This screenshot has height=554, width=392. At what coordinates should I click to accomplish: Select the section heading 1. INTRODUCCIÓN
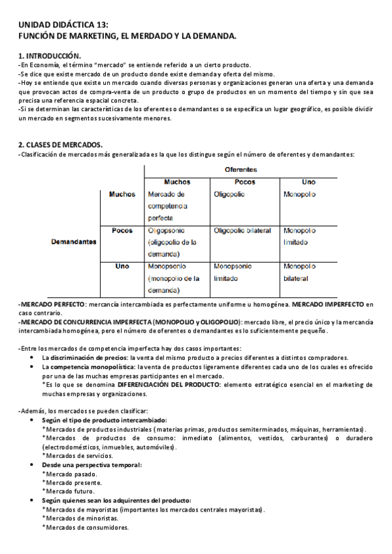click(50, 56)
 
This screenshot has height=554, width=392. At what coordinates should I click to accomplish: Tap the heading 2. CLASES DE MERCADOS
click(60, 144)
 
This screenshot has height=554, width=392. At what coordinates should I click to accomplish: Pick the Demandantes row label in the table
click(74, 242)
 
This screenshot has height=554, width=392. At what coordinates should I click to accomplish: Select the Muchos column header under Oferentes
click(177, 182)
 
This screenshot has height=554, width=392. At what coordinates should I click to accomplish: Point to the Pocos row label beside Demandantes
click(122, 231)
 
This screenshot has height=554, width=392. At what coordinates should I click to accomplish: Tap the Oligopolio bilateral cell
click(242, 231)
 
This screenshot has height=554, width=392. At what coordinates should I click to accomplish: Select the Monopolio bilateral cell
click(301, 272)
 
